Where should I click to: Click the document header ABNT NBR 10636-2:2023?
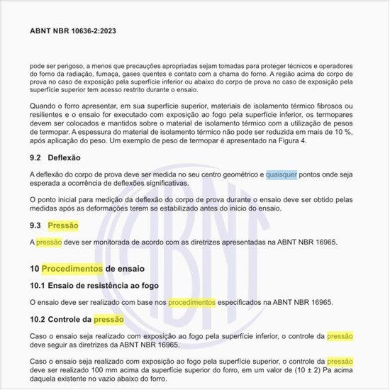tap(72, 31)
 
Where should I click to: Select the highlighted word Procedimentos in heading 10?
tap(72, 269)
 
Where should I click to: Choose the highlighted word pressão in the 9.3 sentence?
tap(49, 243)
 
